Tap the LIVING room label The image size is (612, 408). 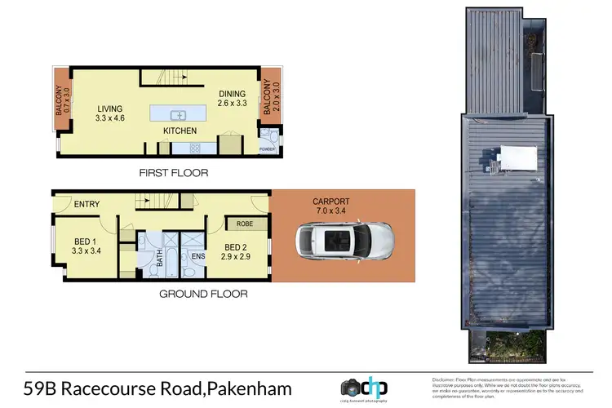point(109,109)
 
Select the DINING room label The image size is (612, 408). point(231,94)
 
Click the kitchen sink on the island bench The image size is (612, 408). point(179,113)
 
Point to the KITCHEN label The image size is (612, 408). point(180,131)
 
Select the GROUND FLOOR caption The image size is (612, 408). point(202,294)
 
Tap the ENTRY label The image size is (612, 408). point(87,204)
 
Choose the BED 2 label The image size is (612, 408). point(235,246)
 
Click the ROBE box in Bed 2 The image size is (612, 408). point(244,224)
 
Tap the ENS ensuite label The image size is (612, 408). point(197,256)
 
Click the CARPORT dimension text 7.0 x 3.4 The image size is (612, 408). point(330,211)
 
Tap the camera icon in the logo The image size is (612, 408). point(348,388)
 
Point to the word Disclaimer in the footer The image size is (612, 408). point(445,380)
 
